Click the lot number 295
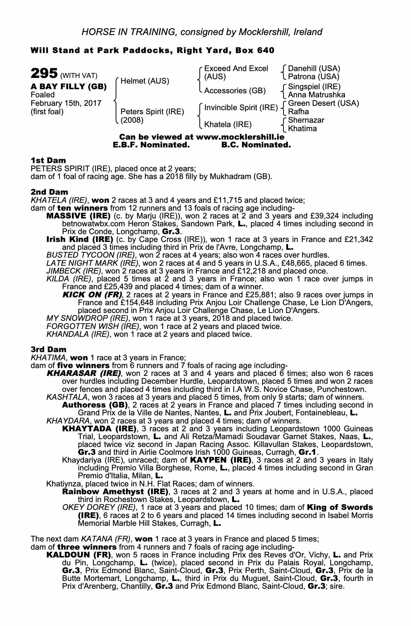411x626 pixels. (x=44, y=74)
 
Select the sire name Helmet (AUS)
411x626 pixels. (x=145, y=81)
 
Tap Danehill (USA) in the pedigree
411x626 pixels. (x=314, y=69)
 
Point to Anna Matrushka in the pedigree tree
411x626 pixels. (x=317, y=95)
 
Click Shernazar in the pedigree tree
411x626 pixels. (x=306, y=120)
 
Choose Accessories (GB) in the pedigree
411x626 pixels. (x=235, y=91)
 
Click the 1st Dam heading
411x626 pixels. (x=48, y=161)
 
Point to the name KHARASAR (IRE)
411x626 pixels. (x=84, y=373)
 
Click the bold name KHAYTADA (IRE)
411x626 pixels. (x=99, y=428)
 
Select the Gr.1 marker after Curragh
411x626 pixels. (x=308, y=452)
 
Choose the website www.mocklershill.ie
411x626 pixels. (x=240, y=137)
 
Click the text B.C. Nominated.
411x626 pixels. (x=256, y=145)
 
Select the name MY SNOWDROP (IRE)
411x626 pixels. (x=87, y=318)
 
